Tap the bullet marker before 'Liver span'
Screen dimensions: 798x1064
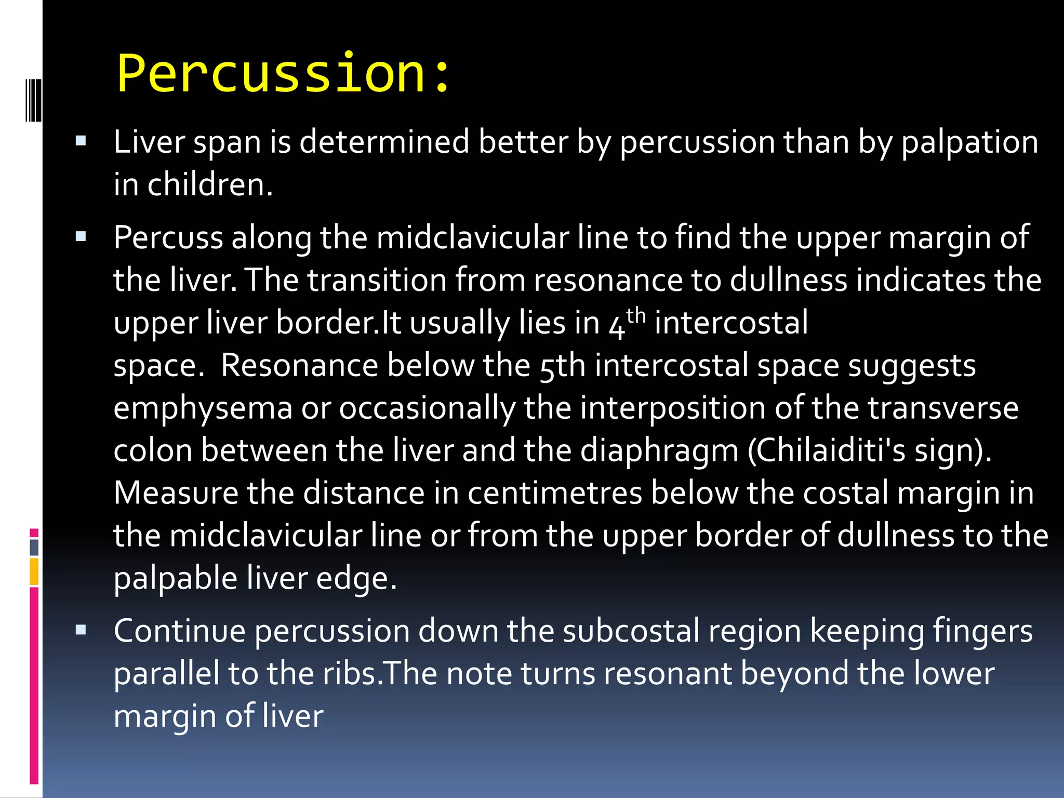[x=81, y=141]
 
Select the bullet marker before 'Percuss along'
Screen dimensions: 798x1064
[x=81, y=237]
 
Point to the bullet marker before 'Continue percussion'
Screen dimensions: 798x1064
[x=81, y=630]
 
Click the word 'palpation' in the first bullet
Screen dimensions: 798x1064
[x=969, y=142]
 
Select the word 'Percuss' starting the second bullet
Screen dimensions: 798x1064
[x=168, y=238]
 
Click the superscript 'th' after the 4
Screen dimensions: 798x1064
[x=635, y=315]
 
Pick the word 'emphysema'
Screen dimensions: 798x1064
[x=203, y=409]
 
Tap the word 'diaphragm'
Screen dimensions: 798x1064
[x=659, y=451]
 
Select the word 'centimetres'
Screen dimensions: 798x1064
[x=554, y=493]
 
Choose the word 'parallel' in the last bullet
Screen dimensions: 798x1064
[x=166, y=674]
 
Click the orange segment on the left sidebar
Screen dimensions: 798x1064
[x=34, y=571]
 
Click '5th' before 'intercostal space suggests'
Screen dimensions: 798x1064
[x=562, y=366]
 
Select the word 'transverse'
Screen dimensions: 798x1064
[x=943, y=408]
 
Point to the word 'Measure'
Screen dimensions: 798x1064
[x=176, y=493]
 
